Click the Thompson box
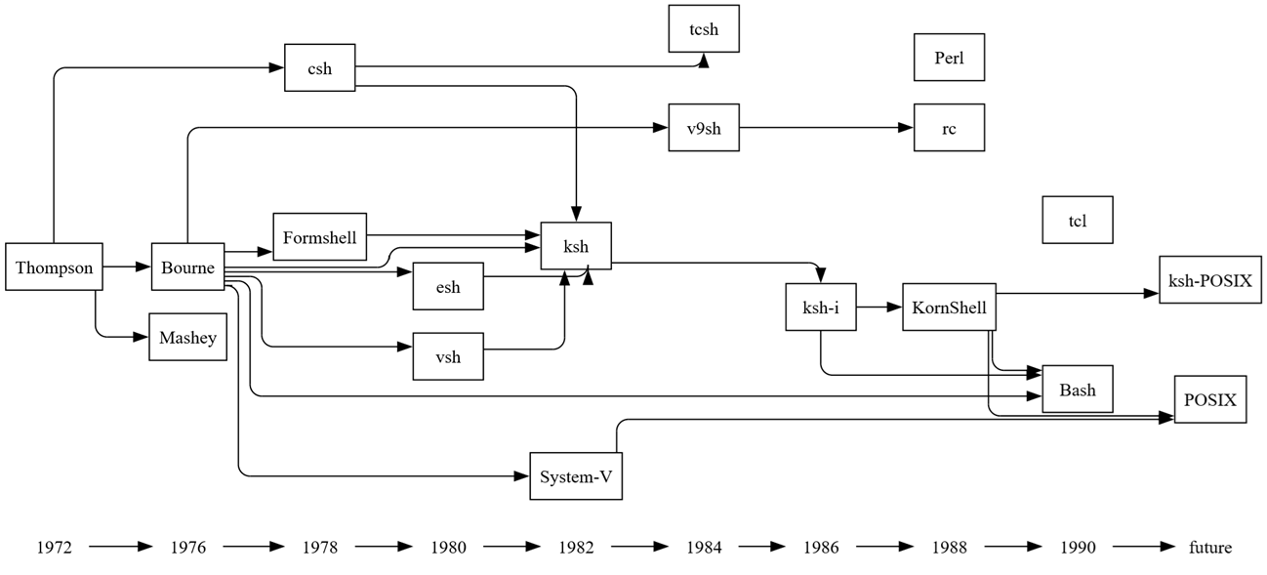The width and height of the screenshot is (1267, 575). tap(54, 267)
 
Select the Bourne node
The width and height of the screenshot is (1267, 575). tap(187, 267)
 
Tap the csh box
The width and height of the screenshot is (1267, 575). tap(319, 68)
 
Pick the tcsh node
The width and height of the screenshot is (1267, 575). tap(703, 29)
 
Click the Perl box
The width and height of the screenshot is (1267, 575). tap(949, 58)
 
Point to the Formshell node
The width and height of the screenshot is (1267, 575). tap(319, 237)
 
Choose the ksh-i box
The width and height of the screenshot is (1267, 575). tap(821, 308)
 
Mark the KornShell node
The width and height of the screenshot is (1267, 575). tap(949, 308)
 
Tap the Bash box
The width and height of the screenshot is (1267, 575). tap(1077, 390)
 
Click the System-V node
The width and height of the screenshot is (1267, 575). tap(576, 476)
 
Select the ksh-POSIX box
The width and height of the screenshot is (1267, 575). tap(1209, 280)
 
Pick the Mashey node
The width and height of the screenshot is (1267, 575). tap(187, 338)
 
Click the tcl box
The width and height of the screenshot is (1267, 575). tap(1077, 221)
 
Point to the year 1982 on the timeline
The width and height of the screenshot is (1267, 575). tap(576, 548)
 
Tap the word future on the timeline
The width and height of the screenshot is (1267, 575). tap(1209, 548)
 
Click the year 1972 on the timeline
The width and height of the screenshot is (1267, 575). tap(54, 548)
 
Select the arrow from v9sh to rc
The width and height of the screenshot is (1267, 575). tap(826, 128)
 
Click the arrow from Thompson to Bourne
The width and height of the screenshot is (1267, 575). tap(126, 267)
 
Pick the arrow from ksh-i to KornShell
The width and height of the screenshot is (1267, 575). tap(879, 308)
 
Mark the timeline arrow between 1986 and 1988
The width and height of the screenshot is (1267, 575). tap(884, 548)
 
